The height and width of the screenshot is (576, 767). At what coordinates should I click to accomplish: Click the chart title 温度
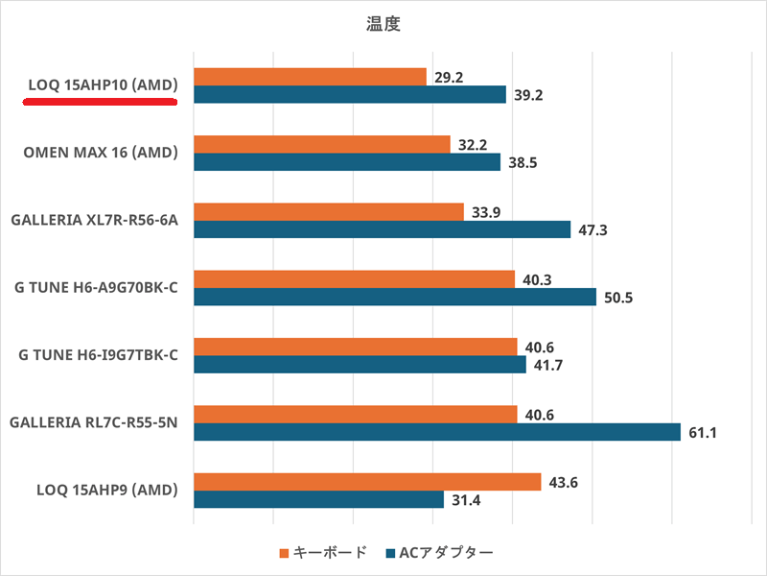(x=383, y=25)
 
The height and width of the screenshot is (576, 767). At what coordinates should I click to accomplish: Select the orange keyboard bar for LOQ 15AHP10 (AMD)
(x=310, y=77)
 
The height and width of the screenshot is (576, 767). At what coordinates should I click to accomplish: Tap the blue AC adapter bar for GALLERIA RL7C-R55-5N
(x=437, y=432)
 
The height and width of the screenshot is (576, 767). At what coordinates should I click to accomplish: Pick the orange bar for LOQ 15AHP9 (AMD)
(x=367, y=482)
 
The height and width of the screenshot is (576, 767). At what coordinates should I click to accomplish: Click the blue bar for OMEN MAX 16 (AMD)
(x=347, y=162)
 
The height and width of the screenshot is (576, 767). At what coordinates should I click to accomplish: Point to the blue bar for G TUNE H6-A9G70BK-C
(x=395, y=297)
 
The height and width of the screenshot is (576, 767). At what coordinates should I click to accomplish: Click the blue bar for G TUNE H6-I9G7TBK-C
(x=360, y=365)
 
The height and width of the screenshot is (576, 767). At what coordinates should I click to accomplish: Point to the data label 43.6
(x=563, y=481)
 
